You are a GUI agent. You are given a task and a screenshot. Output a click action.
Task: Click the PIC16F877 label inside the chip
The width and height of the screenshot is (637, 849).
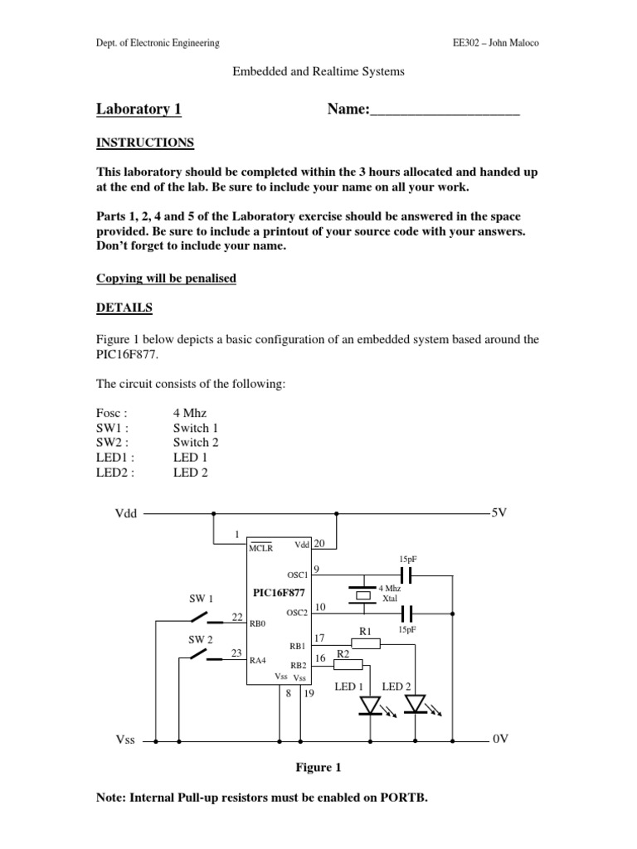280,592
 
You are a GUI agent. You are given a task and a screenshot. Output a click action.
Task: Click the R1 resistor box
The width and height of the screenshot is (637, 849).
366,643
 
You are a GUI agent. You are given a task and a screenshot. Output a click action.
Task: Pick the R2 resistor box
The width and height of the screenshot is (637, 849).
348,663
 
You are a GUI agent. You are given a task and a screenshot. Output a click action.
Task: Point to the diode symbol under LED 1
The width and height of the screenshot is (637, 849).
370,705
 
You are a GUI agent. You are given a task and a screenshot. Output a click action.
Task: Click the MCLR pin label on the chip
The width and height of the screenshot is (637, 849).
260,547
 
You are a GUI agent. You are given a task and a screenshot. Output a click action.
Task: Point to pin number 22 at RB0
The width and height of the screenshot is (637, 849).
237,617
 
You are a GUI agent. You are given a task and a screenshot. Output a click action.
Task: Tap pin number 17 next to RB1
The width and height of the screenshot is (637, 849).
319,638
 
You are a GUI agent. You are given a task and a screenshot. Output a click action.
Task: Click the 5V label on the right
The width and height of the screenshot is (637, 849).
498,513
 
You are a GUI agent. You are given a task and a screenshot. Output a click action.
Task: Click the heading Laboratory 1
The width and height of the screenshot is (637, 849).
139,109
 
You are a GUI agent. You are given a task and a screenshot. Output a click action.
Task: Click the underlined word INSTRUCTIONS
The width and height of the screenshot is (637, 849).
145,143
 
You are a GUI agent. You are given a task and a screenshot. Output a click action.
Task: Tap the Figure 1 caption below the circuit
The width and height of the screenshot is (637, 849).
318,768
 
